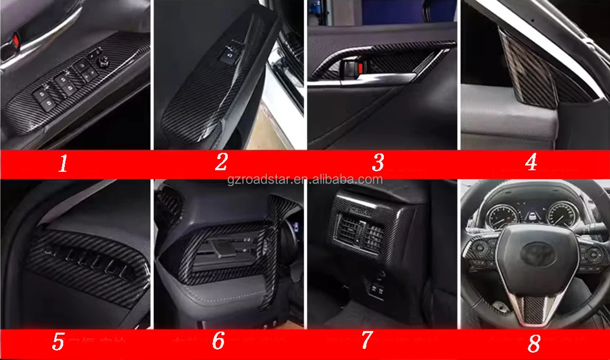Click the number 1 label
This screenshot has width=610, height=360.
(63, 164)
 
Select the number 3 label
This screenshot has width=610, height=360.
(377, 163)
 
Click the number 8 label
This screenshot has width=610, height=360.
(534, 344)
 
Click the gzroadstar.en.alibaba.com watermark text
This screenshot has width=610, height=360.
(305, 179)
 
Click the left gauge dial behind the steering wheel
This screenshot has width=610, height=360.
(500, 217)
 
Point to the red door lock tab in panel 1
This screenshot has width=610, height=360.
(15, 38)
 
